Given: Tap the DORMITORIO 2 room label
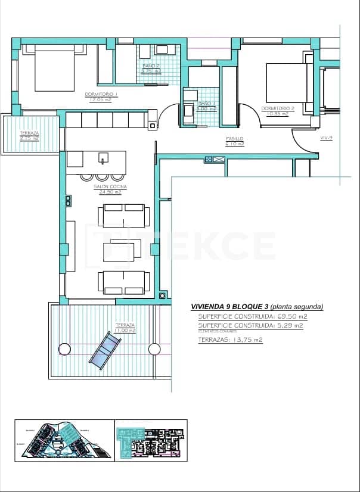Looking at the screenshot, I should tap(278, 108).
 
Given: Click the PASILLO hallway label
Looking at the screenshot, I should tap(234, 139).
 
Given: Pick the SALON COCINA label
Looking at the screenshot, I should tap(108, 187).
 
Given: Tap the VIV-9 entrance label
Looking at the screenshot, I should tap(326, 138).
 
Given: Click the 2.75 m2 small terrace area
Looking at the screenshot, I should tap(29, 138).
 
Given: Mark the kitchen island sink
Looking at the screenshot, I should tap(104, 159).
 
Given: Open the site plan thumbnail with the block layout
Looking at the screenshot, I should tap(64, 440).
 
